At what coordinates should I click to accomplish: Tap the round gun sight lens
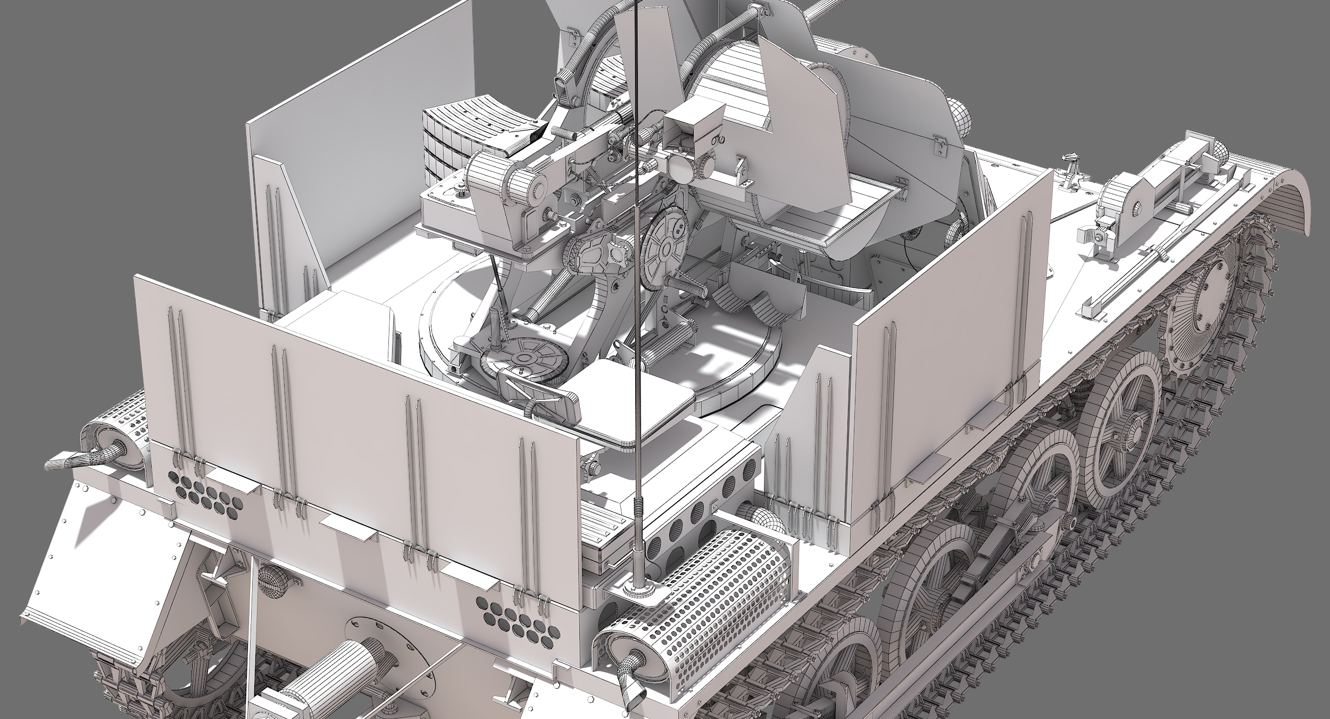click(679, 167)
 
